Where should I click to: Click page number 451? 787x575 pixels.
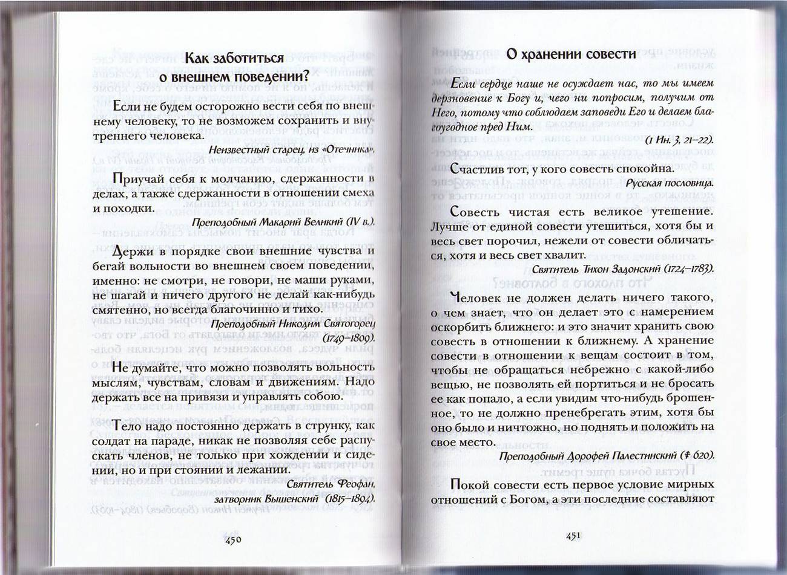(573, 535)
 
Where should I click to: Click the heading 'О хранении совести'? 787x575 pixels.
(571, 54)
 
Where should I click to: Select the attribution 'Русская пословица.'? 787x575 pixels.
(670, 183)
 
